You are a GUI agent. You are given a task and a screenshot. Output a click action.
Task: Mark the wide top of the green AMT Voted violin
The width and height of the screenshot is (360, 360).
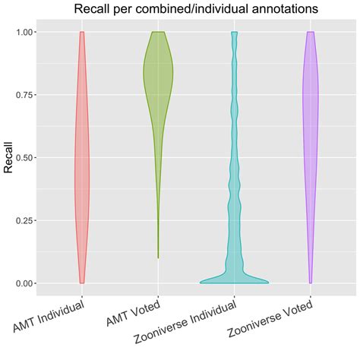pos(158,68)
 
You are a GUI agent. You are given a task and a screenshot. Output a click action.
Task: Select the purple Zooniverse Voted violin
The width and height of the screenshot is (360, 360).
pos(310,114)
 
